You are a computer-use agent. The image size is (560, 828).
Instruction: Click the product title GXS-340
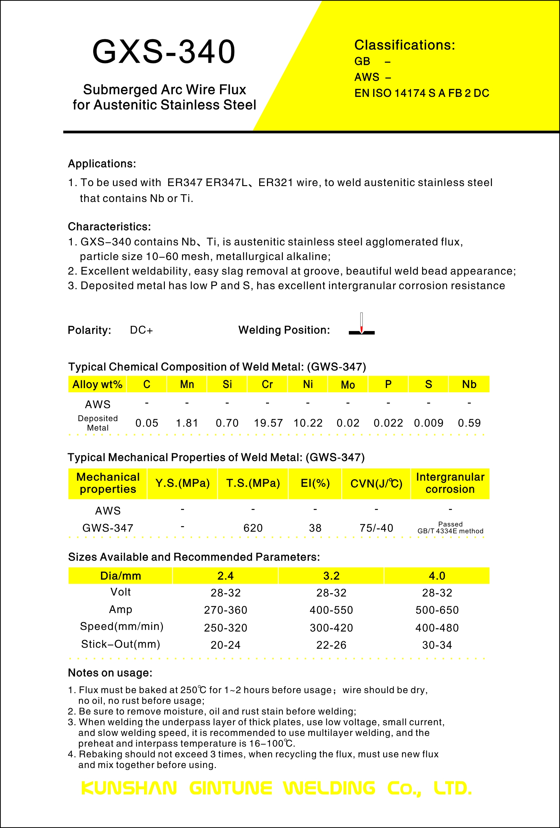164,52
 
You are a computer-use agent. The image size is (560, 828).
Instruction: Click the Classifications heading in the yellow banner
404,45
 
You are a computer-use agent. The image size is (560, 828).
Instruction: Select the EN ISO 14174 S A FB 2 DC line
421,93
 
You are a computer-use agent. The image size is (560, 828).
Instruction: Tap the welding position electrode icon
361,325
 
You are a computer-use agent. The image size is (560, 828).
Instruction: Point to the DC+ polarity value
141,330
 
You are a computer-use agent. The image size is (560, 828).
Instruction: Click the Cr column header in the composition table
267,384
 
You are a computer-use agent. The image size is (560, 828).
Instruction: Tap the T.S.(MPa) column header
253,483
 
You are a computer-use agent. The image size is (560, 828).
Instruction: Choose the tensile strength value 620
253,528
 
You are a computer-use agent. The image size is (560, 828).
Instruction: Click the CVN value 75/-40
376,528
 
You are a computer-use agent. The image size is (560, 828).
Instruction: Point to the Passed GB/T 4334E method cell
450,528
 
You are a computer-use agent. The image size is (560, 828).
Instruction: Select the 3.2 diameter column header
331,576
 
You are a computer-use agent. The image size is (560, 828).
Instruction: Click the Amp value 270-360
225,610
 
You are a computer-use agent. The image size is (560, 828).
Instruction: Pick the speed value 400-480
437,628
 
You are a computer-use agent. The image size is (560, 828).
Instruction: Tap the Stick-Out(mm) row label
120,644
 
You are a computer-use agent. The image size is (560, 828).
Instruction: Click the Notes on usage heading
110,673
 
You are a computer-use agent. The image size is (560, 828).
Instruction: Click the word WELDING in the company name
329,788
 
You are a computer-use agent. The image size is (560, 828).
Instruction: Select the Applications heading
102,163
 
